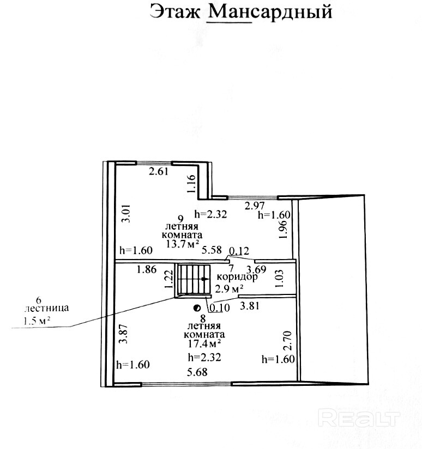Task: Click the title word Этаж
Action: [175, 11]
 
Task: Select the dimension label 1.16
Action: [191, 184]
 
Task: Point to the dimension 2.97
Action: [255, 205]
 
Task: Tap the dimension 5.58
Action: [212, 250]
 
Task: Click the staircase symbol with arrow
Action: [192, 280]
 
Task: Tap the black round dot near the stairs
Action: [196, 307]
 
